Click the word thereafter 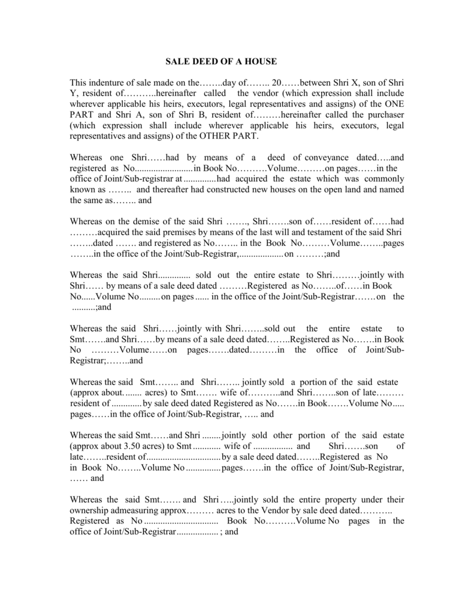181,189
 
